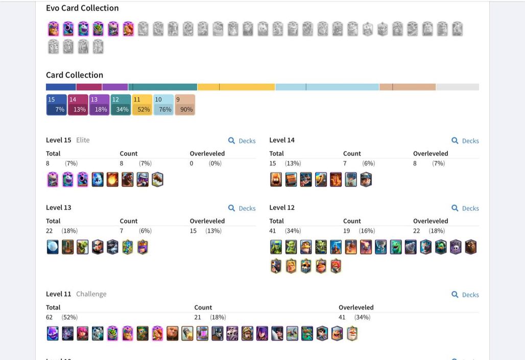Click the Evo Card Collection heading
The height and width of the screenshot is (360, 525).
tap(82, 8)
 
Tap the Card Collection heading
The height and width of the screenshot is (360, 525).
tap(75, 75)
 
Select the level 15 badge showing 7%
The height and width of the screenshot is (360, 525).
tap(56, 105)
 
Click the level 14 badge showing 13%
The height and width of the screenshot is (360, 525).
tap(78, 105)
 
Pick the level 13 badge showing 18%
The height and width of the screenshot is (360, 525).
tap(99, 105)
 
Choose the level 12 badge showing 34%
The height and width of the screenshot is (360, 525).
tap(121, 105)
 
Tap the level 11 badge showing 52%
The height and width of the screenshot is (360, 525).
tap(142, 105)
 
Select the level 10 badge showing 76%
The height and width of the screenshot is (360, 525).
tap(163, 105)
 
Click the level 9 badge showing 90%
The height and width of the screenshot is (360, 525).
tap(185, 105)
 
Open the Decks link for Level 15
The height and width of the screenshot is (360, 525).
tap(242, 141)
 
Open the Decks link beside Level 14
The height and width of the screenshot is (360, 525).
tap(465, 141)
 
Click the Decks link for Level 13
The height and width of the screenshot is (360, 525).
tap(242, 208)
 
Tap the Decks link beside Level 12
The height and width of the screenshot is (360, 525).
tap(465, 208)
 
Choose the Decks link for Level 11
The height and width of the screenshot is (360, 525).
tap(465, 295)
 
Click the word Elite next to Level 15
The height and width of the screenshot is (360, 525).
tap(83, 140)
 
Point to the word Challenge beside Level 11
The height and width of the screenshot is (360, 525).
tap(91, 294)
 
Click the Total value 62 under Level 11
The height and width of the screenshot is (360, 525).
tap(49, 317)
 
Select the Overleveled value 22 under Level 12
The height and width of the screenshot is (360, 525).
tap(417, 231)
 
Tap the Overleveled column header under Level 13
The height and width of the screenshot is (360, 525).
tap(207, 221)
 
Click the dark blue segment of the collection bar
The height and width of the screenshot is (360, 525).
tap(61, 87)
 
